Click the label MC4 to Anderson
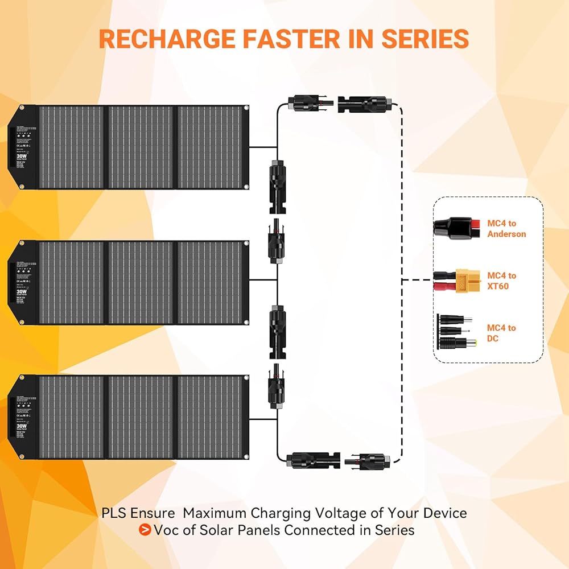pos(506,229)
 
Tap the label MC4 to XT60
pos(502,281)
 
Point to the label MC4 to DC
pos(501,333)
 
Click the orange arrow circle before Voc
pos(145,530)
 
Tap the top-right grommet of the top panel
pos(246,108)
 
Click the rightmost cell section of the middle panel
pos(210,283)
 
